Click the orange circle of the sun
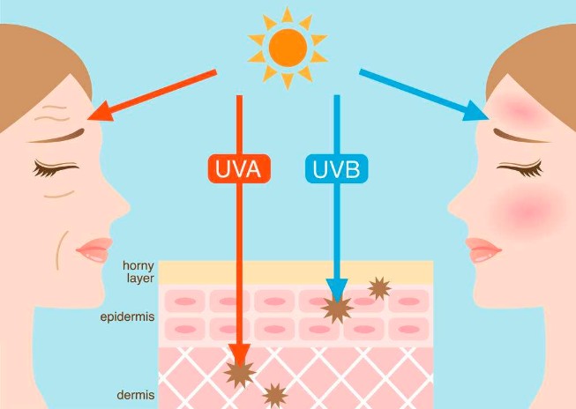288,48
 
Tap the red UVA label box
239,168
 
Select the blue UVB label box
336,168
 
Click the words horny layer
138,271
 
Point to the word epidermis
127,316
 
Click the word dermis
136,395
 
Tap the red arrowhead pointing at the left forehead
100,112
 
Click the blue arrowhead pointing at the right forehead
476,111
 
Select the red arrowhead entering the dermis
240,355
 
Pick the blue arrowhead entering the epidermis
336,290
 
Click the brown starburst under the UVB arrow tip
337,309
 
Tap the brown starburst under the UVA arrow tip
240,374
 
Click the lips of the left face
94,249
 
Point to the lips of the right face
482,249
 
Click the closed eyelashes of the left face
55,168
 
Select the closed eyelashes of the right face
520,168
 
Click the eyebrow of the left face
58,137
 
